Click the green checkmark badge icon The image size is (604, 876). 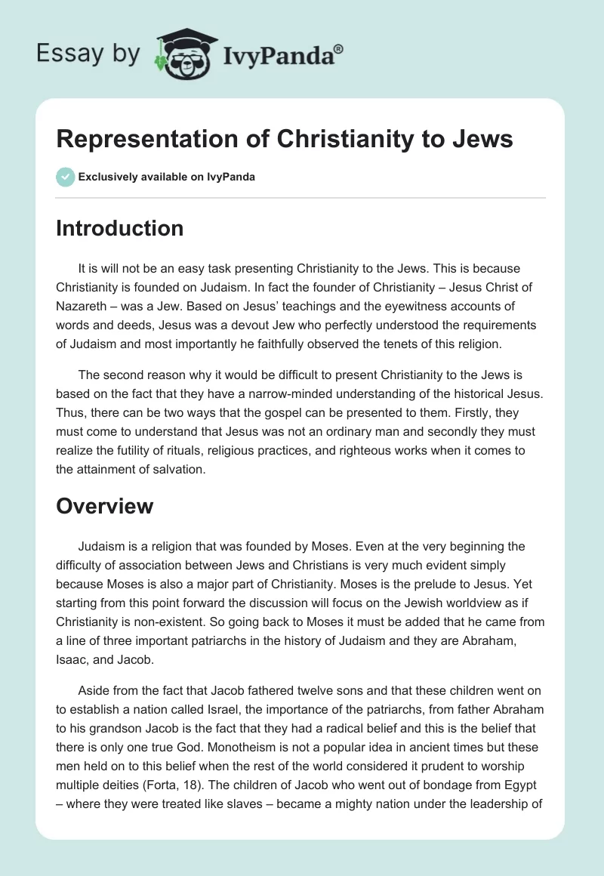65,177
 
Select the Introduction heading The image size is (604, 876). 119,228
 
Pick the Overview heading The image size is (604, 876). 104,506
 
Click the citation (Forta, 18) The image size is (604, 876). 199,783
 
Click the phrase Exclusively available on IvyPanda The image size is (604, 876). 167,177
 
